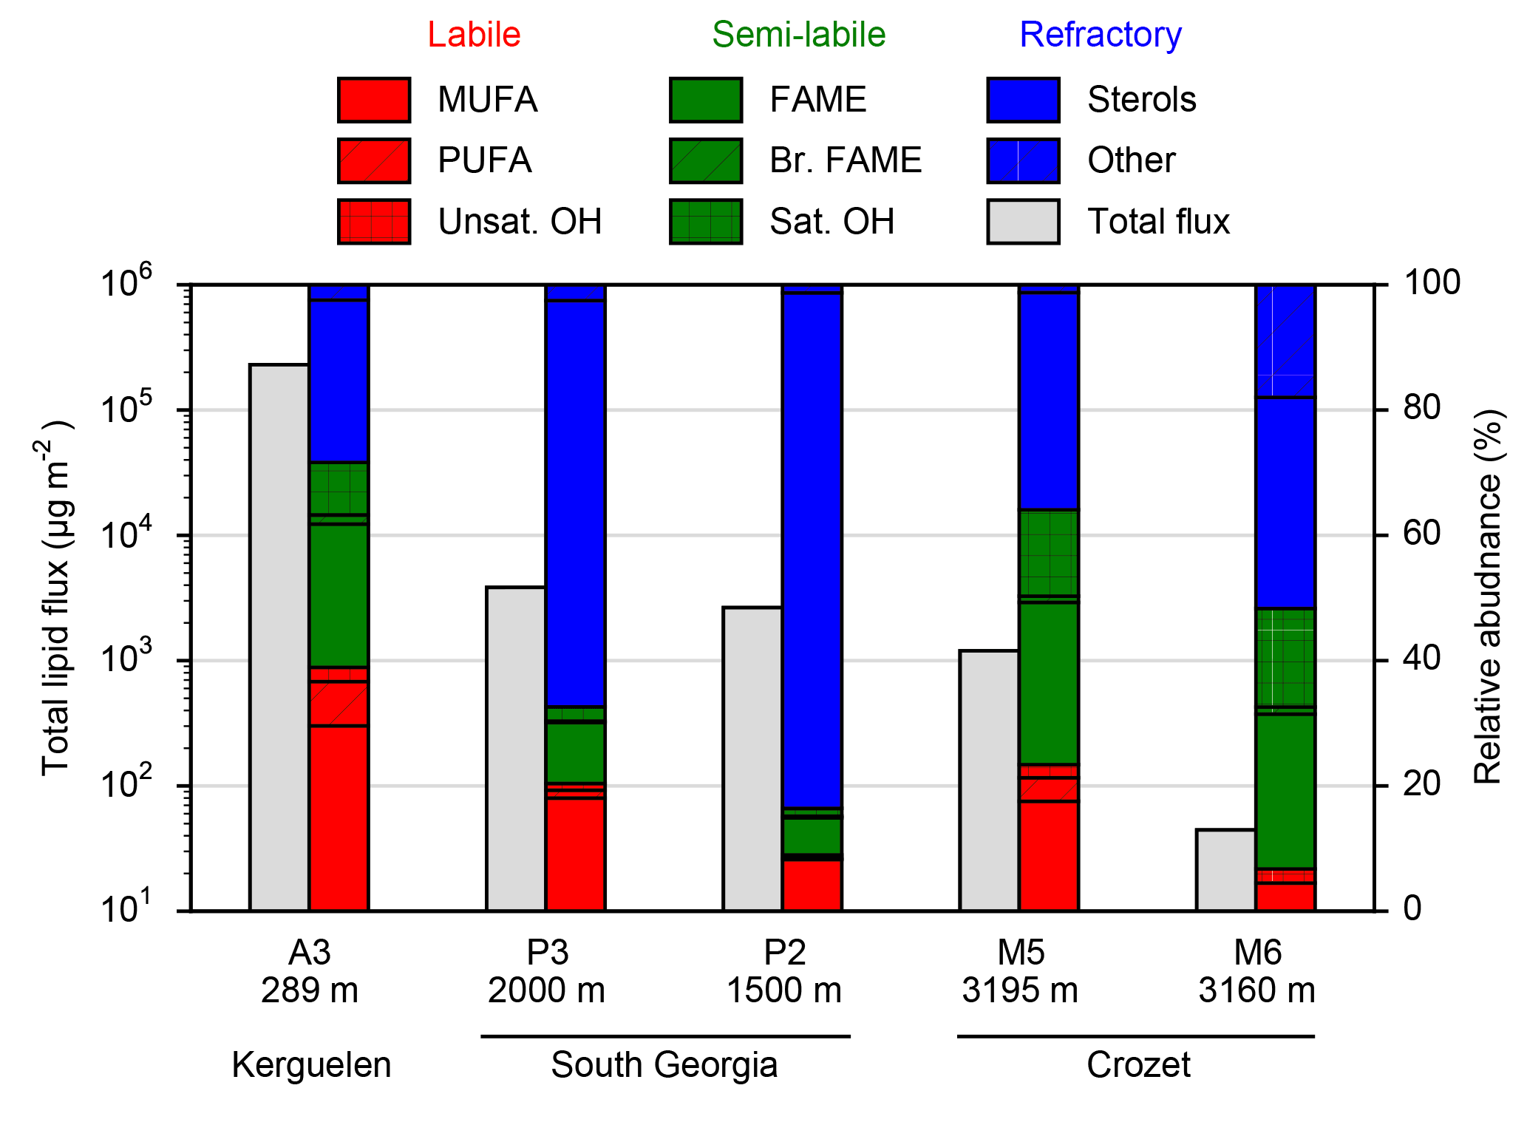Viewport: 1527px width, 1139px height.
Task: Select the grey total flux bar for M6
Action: (1225, 870)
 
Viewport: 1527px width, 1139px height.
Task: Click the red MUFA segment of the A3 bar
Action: (339, 817)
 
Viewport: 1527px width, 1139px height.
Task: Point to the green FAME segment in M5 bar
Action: (1049, 684)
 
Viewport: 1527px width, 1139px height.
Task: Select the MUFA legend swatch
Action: (374, 100)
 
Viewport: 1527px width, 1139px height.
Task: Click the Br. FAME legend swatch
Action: (706, 160)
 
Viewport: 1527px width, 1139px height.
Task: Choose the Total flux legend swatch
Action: (1023, 221)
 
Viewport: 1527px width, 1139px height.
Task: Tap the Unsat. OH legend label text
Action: (520, 222)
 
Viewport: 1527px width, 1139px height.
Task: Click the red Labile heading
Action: (474, 35)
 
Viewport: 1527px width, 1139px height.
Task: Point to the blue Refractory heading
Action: (1101, 35)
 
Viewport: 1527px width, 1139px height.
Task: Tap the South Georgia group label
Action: (664, 1065)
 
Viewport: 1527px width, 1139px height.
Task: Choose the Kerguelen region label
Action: (311, 1065)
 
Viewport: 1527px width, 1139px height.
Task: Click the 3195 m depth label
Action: (1019, 990)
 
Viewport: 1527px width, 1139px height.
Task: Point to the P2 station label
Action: (784, 953)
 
